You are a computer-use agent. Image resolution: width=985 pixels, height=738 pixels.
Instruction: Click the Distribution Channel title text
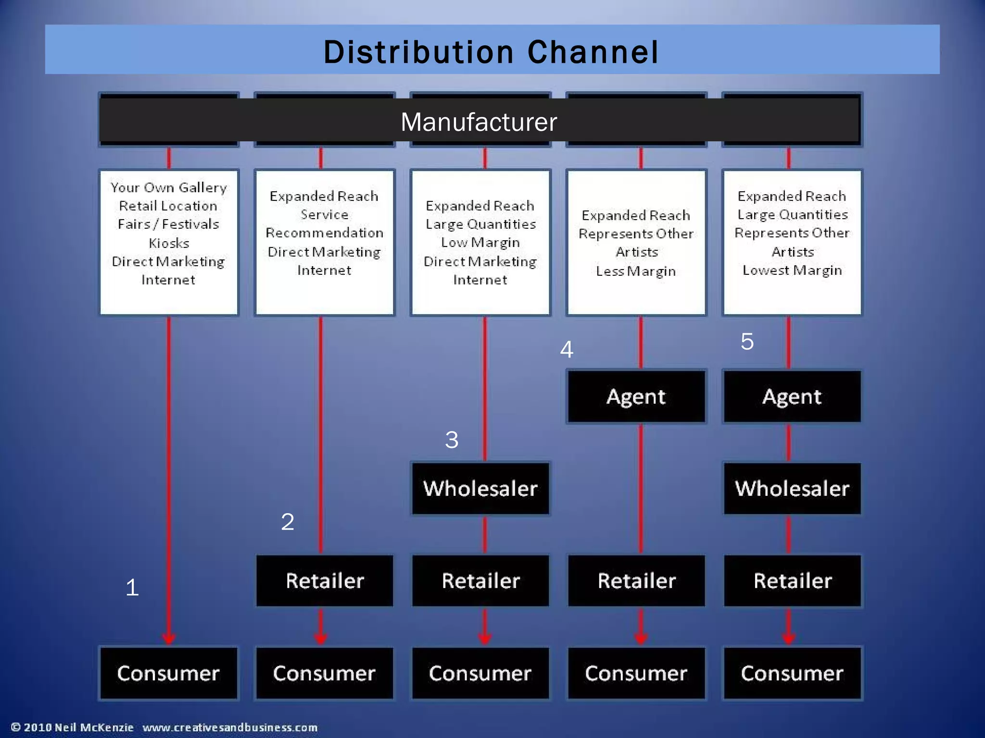pyautogui.click(x=491, y=52)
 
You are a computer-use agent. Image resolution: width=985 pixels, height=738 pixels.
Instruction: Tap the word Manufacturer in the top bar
pyautogui.click(x=479, y=122)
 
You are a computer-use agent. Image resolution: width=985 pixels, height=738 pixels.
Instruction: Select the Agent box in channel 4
pyautogui.click(x=636, y=396)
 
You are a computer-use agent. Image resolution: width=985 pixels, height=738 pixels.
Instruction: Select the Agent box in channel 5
pyautogui.click(x=792, y=396)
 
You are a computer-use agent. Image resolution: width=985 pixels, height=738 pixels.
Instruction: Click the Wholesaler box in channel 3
pyautogui.click(x=480, y=488)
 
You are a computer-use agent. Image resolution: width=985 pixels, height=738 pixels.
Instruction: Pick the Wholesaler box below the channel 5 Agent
pyautogui.click(x=792, y=488)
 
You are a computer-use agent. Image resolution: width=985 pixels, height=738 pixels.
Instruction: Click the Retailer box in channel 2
pyautogui.click(x=325, y=580)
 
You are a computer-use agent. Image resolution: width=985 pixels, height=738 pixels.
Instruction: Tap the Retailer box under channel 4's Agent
pyautogui.click(x=636, y=580)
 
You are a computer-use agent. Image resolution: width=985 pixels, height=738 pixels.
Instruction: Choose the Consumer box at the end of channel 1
pyautogui.click(x=168, y=673)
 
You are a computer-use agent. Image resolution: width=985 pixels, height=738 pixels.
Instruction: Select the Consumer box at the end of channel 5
pyautogui.click(x=792, y=673)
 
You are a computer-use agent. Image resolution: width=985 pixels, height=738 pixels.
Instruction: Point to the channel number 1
pyautogui.click(x=132, y=587)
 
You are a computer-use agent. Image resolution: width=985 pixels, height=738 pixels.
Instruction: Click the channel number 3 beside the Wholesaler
pyautogui.click(x=452, y=440)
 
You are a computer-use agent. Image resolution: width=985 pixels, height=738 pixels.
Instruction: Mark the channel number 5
pyautogui.click(x=747, y=342)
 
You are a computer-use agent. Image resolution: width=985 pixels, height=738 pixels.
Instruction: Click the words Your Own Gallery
pyautogui.click(x=168, y=187)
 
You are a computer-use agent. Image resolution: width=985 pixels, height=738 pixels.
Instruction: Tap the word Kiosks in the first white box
pyautogui.click(x=169, y=243)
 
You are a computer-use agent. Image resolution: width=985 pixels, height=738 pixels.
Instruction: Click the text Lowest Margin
pyautogui.click(x=792, y=270)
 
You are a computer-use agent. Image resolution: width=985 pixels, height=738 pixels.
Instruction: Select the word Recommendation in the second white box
pyautogui.click(x=325, y=233)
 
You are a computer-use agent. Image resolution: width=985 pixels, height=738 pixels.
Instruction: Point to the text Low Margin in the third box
pyautogui.click(x=480, y=243)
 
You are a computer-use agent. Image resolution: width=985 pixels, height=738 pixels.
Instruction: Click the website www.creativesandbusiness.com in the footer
pyautogui.click(x=230, y=727)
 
